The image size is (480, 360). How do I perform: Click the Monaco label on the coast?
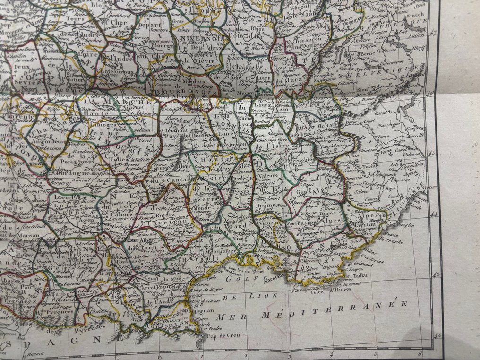382,234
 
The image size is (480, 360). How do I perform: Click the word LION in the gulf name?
245,296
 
